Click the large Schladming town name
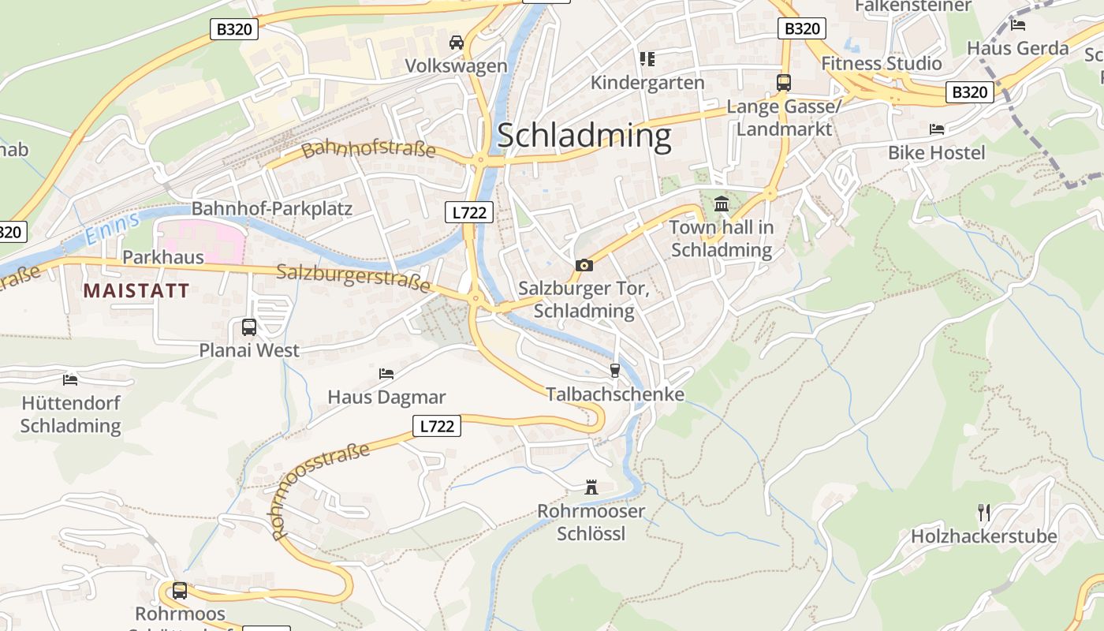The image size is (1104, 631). click(584, 136)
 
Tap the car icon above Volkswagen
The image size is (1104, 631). click(456, 42)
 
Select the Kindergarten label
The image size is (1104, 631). click(647, 82)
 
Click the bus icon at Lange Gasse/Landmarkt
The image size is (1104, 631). click(784, 83)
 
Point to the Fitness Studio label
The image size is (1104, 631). click(881, 63)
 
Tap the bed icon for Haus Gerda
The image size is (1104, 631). click(1018, 24)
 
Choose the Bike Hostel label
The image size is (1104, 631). click(936, 152)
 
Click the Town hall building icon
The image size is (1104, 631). click(722, 205)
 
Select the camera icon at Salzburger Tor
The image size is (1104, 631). click(584, 265)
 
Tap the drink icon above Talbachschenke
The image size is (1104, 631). click(615, 370)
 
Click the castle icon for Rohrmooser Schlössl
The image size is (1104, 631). click(591, 487)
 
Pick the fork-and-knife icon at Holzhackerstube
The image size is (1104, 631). click(983, 513)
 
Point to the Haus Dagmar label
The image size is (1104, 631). click(386, 397)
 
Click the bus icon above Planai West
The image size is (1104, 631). click(249, 327)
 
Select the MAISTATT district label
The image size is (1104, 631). click(136, 290)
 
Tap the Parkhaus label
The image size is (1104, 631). click(162, 257)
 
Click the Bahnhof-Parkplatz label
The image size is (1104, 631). click(272, 209)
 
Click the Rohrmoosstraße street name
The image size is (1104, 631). click(320, 491)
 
